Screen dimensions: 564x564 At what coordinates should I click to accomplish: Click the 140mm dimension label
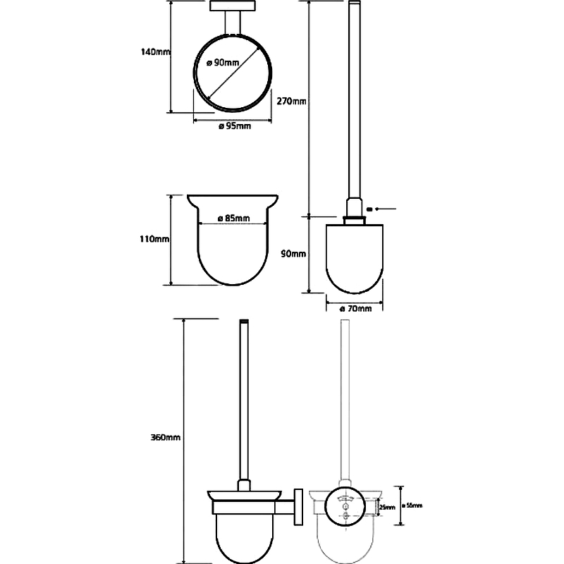154,51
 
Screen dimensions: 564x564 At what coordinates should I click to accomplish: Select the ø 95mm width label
234,126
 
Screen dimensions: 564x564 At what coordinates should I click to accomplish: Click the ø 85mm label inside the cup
234,219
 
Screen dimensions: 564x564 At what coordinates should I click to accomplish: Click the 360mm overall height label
166,437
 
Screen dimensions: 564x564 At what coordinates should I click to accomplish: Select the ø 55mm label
412,505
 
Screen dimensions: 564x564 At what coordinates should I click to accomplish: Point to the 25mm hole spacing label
388,506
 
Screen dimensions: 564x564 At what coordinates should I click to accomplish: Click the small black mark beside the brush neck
370,209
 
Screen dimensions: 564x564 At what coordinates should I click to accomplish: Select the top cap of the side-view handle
245,322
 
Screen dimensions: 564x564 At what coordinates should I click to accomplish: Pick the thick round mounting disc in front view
345,507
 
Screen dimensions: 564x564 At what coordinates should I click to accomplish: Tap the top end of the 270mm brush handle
355,6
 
